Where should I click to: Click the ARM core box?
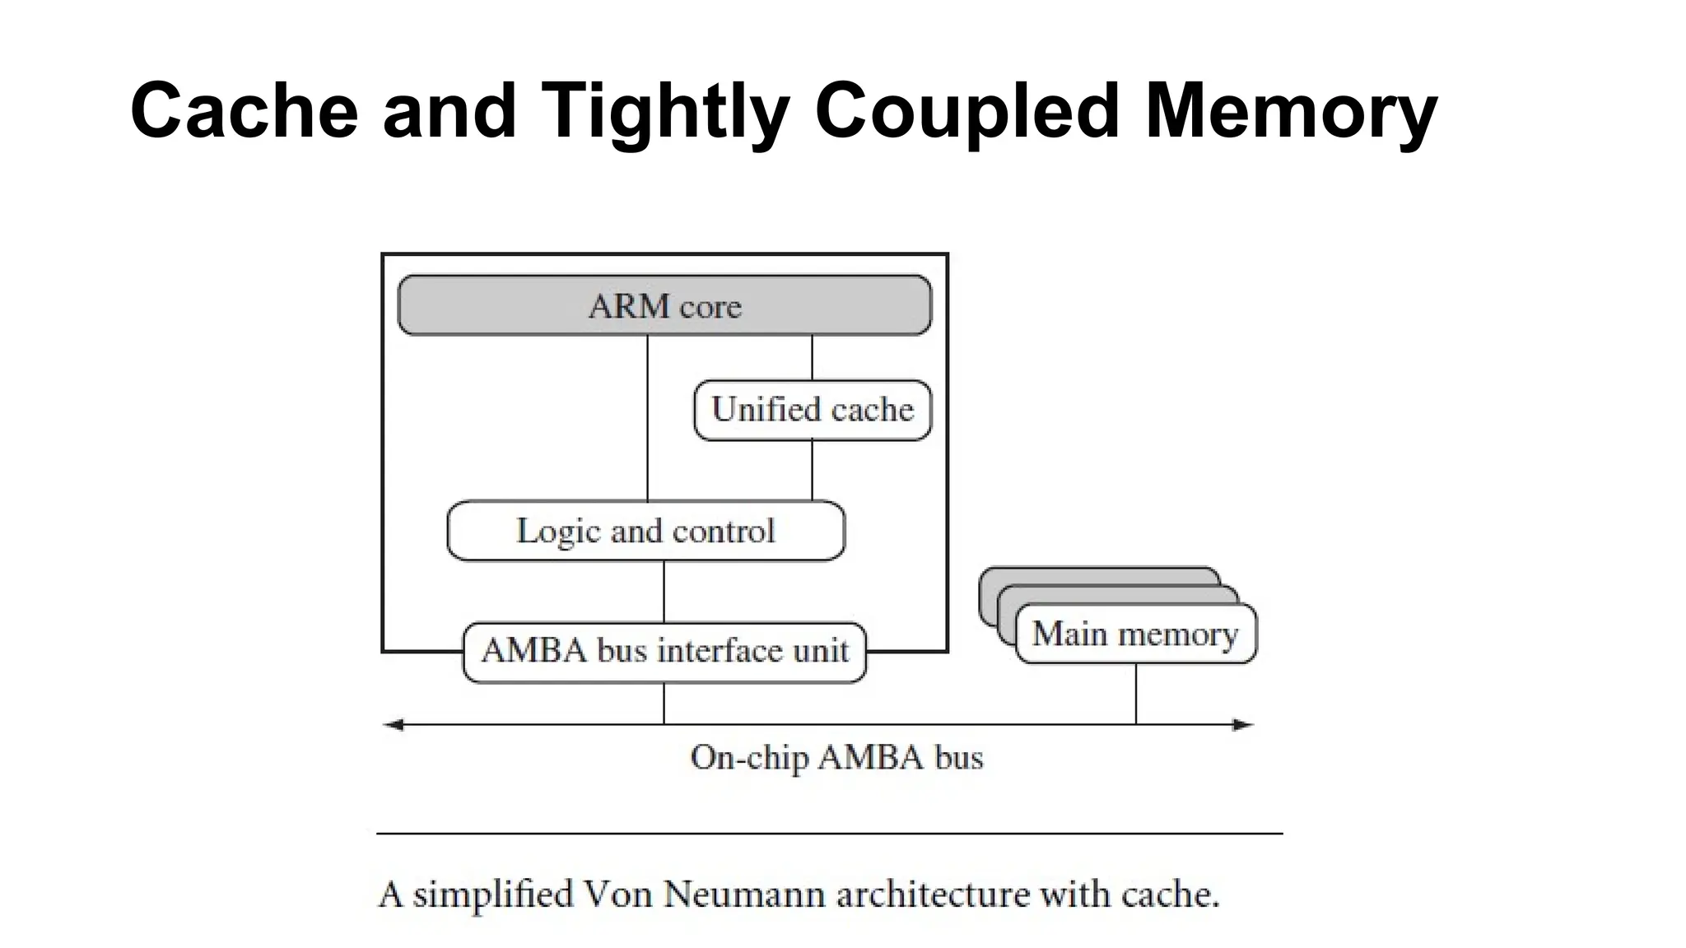664,305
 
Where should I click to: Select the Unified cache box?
813,410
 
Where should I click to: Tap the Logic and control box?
645,531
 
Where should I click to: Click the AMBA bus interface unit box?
664,652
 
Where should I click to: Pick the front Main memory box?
1135,634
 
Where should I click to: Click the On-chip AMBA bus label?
836,758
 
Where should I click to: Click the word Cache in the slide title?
245,111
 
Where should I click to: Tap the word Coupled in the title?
967,111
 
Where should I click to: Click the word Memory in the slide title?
1291,111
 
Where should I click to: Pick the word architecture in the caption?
933,895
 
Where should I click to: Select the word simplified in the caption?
492,895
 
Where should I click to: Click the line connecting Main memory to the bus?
1136,694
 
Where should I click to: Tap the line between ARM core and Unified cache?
813,357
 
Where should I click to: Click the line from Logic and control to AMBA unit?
664,592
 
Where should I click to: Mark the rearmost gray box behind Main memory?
1095,575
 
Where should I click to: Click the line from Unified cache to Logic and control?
813,471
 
